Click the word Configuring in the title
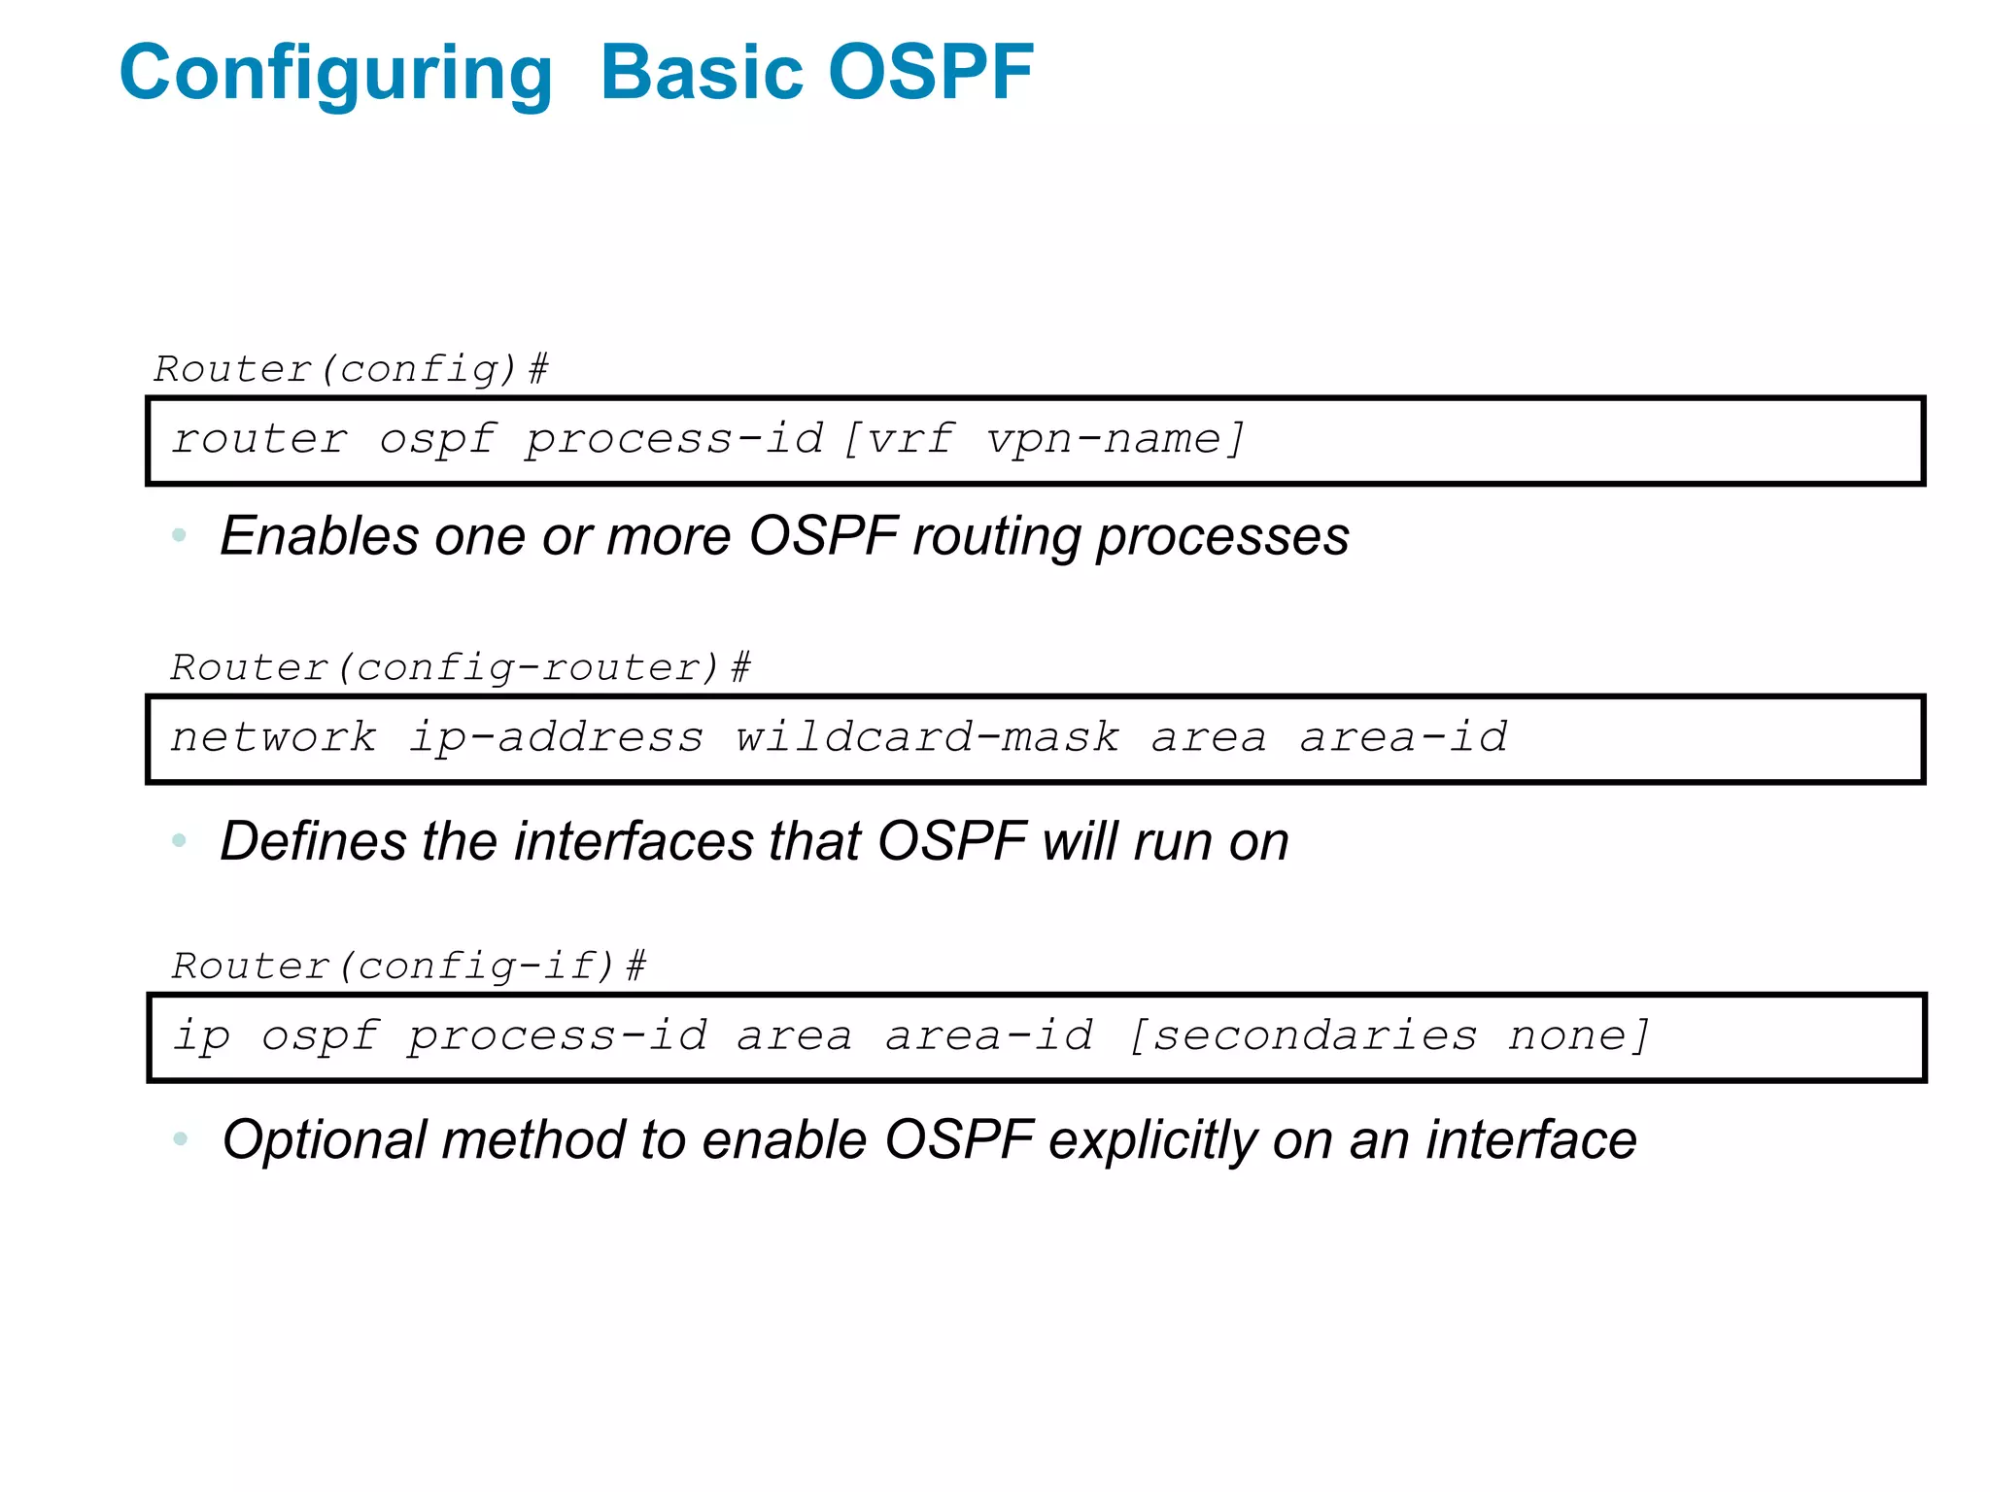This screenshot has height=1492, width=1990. (335, 74)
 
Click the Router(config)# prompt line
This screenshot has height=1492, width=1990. (351, 369)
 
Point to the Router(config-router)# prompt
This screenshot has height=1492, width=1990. (460, 667)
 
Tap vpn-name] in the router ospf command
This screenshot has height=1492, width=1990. (1115, 439)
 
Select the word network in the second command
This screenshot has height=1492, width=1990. (273, 737)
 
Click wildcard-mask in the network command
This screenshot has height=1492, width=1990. (926, 737)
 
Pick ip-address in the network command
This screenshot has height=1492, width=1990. (555, 737)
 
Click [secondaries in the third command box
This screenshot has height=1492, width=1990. (1302, 1035)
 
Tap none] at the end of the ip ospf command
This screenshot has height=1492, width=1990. (1578, 1035)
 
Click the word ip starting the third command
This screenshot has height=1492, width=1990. (201, 1035)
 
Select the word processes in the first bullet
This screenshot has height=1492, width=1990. (1222, 536)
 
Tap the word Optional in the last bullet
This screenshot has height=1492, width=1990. (325, 1139)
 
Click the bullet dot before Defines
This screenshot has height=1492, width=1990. (179, 840)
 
